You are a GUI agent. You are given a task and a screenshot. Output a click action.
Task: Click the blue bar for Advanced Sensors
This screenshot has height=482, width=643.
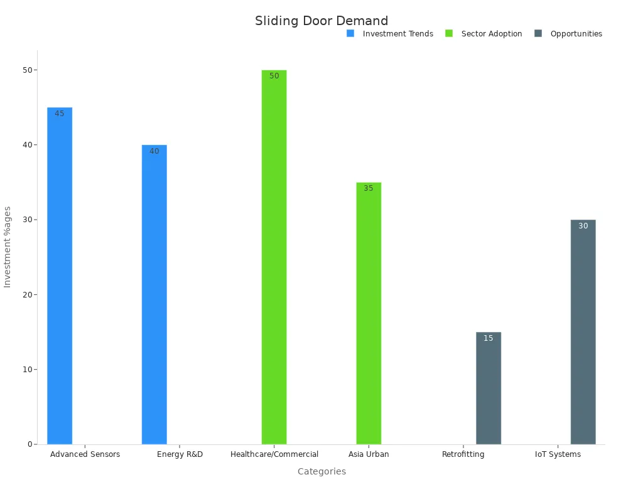pos(60,276)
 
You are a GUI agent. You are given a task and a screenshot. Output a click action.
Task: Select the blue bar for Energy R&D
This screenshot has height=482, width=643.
pos(154,295)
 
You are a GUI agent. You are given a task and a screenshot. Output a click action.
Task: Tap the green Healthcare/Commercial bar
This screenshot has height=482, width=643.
pos(274,257)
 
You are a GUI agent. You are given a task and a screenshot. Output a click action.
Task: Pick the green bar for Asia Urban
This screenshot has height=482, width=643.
pos(369,314)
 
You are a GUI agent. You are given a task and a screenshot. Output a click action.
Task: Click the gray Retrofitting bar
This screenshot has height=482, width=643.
pos(489,389)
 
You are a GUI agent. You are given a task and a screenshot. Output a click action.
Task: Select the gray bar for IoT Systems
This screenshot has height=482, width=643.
pos(583,333)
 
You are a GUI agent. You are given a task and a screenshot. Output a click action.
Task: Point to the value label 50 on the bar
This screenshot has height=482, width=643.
pos(274,76)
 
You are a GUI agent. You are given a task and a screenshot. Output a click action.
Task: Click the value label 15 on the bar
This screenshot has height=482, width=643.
pos(489,338)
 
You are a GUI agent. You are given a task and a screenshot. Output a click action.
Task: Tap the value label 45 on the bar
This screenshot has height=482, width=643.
pos(60,114)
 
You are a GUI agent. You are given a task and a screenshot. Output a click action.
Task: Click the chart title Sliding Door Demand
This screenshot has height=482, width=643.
pos(321,21)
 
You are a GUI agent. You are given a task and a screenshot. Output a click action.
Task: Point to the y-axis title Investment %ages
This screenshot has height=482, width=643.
pos(8,247)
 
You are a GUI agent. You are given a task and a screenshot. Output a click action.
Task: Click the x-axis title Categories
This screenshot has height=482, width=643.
pos(321,471)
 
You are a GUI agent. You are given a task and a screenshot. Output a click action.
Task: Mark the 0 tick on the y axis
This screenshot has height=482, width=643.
pos(30,444)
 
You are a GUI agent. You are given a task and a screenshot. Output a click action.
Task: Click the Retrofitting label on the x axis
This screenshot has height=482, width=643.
pos(463,454)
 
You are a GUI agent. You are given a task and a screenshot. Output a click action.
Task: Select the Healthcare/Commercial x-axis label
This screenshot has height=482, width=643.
pos(274,454)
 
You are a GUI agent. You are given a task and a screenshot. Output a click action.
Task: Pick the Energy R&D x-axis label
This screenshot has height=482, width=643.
pos(180,454)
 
